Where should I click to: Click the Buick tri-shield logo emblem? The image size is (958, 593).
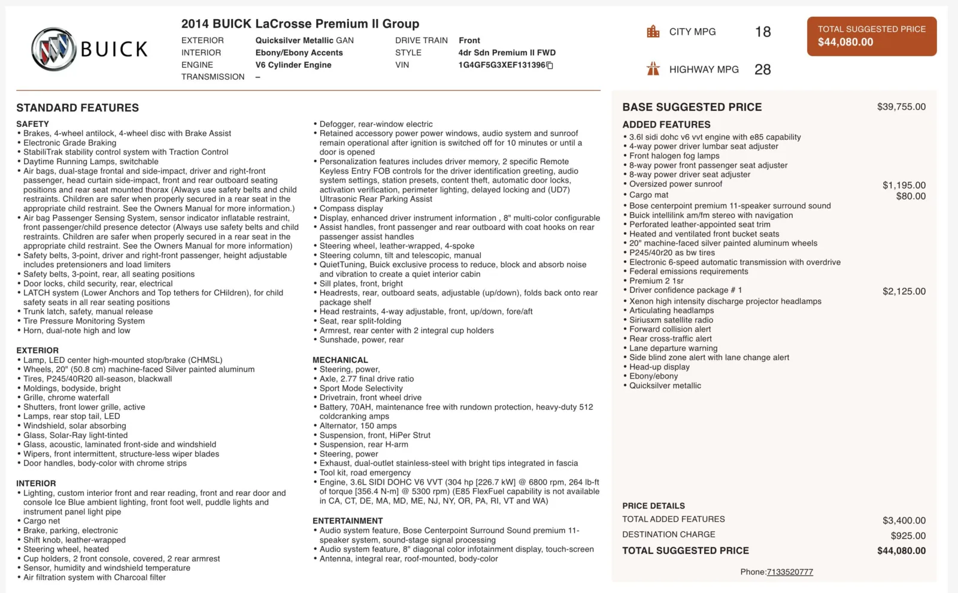[x=53, y=49]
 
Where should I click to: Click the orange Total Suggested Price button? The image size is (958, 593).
[x=871, y=36]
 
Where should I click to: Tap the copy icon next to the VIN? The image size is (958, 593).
[x=550, y=65]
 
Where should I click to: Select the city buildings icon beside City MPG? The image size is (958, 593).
[x=653, y=32]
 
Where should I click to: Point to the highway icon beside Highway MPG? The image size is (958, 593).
[x=653, y=69]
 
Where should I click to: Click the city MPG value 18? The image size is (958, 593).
[x=763, y=32]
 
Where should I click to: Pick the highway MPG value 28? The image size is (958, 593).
[x=763, y=69]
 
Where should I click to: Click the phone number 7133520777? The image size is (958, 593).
[x=790, y=572]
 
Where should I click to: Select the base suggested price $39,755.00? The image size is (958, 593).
[x=901, y=107]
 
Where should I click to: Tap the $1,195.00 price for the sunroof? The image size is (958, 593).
[x=904, y=185]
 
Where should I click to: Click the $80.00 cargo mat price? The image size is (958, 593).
[x=911, y=196]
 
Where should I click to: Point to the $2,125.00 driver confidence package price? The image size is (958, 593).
[x=904, y=291]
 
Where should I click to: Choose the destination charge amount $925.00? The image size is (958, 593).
[x=908, y=535]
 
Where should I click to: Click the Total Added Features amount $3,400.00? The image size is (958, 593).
[x=904, y=521]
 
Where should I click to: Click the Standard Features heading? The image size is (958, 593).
[x=78, y=108]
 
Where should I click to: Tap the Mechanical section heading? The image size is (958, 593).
[x=340, y=360]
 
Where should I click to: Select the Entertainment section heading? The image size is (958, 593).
[x=347, y=521]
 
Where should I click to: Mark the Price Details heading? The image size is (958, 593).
[x=653, y=506]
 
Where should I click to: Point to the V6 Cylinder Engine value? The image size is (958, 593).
[x=293, y=65]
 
